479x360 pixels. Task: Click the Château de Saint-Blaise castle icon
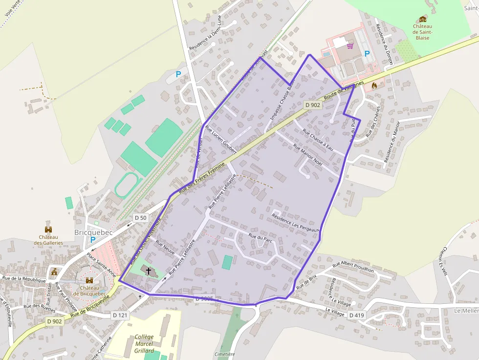point(422,19)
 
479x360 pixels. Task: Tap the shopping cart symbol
point(350,46)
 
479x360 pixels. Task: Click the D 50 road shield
point(140,217)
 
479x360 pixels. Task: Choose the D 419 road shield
point(356,315)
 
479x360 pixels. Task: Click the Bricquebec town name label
point(93,233)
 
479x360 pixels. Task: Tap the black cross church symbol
point(149,270)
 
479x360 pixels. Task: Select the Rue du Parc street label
point(260,238)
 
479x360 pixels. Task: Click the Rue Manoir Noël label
point(308,153)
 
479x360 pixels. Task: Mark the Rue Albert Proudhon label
point(353,267)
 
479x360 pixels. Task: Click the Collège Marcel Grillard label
point(144,344)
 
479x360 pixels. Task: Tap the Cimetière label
point(225,354)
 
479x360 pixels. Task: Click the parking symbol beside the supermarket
point(367,54)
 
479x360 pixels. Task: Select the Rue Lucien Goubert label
point(221,140)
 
